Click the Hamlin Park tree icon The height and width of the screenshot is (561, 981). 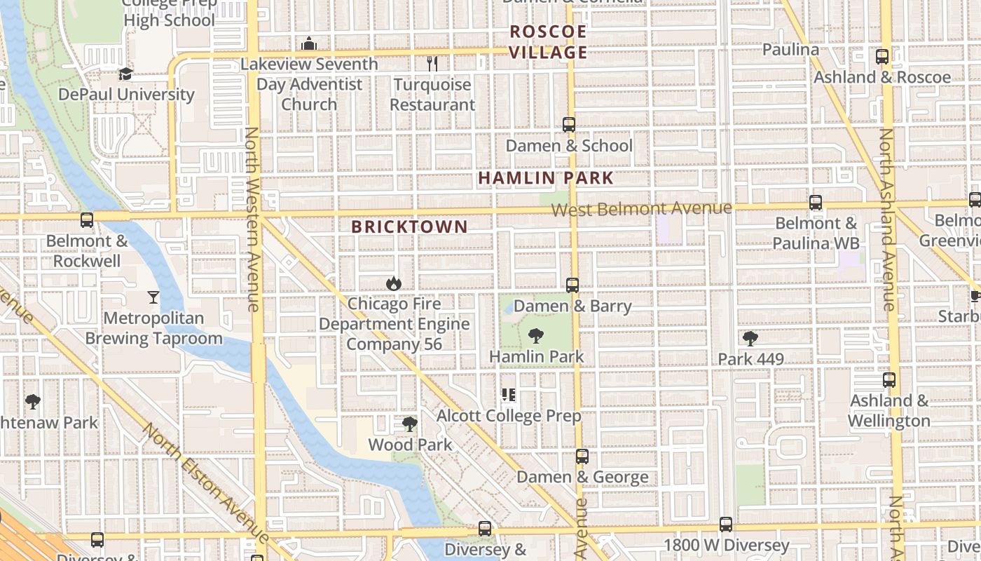tap(536, 336)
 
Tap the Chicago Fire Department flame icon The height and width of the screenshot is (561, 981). tap(394, 283)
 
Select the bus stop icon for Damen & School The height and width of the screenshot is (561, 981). tap(569, 125)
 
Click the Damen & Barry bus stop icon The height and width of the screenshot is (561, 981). tap(572, 285)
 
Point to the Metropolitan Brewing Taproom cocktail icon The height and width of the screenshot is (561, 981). tap(153, 297)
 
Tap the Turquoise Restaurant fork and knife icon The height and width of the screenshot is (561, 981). tap(432, 64)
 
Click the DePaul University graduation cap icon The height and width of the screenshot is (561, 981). tap(125, 74)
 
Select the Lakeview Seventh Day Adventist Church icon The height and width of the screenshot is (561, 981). tap(309, 44)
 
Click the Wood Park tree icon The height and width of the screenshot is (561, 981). tap(410, 424)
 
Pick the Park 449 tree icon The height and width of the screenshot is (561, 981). tap(750, 339)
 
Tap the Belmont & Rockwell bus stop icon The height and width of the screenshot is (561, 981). tap(87, 220)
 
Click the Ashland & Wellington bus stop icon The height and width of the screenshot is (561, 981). tap(889, 380)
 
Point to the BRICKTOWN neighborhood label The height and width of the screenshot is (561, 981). tap(409, 227)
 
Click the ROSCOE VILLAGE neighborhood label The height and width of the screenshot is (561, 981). tap(548, 42)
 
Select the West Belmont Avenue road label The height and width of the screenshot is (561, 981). tap(641, 208)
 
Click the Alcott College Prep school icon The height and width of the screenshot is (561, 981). tap(509, 396)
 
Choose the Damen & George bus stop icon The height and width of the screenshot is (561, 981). tap(582, 457)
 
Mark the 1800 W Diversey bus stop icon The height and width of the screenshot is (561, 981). tap(726, 525)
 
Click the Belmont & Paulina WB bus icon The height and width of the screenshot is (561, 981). tap(816, 203)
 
